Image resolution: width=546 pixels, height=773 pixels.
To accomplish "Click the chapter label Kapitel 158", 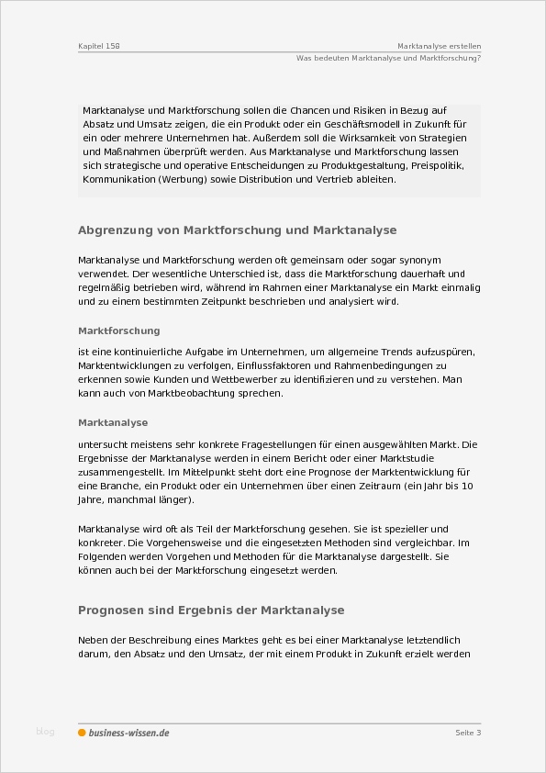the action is click(x=99, y=45).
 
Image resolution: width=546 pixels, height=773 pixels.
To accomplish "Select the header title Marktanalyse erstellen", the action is click(x=440, y=45).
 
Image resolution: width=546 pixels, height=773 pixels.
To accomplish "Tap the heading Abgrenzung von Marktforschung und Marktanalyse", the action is click(x=238, y=230).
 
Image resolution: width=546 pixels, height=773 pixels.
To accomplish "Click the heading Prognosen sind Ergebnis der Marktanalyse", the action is click(x=211, y=610).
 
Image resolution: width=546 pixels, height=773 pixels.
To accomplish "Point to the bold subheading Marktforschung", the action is click(x=119, y=330).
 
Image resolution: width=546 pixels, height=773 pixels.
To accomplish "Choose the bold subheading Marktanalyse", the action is click(x=113, y=423).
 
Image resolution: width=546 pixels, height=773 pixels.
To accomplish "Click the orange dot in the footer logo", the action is click(x=82, y=733).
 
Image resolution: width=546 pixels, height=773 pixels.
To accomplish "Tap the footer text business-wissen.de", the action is click(x=128, y=733).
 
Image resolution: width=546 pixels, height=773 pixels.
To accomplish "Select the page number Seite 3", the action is click(x=468, y=733).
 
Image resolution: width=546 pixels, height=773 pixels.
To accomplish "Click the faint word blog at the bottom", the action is click(x=45, y=732).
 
